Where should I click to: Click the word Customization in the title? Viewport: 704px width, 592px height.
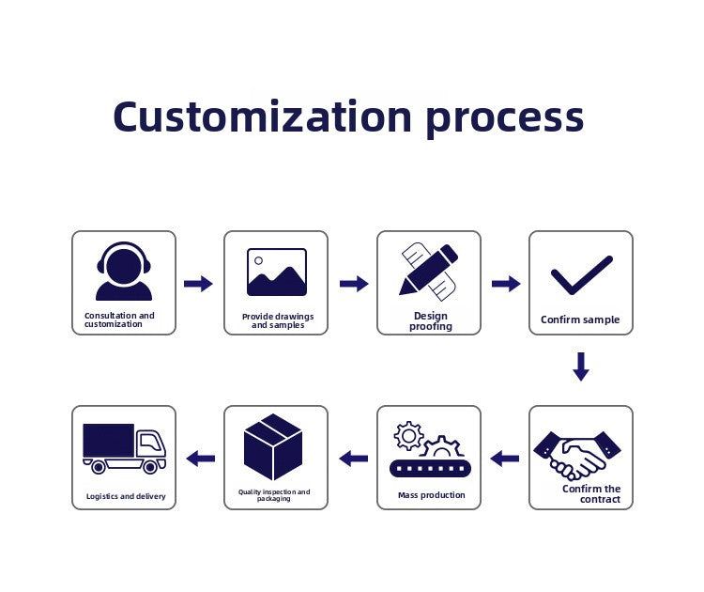point(262,117)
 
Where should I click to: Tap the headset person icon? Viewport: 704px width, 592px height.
point(124,271)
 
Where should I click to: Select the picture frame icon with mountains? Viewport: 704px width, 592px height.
point(277,272)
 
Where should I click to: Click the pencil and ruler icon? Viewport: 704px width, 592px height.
point(429,271)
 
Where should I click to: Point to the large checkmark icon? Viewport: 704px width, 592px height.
point(582,274)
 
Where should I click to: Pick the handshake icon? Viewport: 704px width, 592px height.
point(577,456)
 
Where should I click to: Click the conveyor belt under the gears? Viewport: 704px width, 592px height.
point(431,468)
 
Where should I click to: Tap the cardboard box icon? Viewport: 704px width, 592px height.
point(273,446)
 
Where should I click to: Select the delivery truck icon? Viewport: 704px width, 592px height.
point(124,448)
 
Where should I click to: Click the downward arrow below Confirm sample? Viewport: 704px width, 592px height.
point(581,366)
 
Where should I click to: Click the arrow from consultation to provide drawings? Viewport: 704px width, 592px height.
point(198,284)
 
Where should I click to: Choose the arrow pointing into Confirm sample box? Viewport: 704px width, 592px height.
point(506,284)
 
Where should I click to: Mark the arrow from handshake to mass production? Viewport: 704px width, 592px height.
point(505,459)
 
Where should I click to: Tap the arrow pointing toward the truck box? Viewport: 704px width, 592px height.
point(200,459)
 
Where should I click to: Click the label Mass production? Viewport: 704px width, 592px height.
point(432,495)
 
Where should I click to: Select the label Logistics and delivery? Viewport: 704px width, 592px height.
point(126,496)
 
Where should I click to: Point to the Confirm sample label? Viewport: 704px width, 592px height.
point(580,319)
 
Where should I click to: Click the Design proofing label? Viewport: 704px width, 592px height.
point(431,321)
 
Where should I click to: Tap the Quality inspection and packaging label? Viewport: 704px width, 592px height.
point(274,495)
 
